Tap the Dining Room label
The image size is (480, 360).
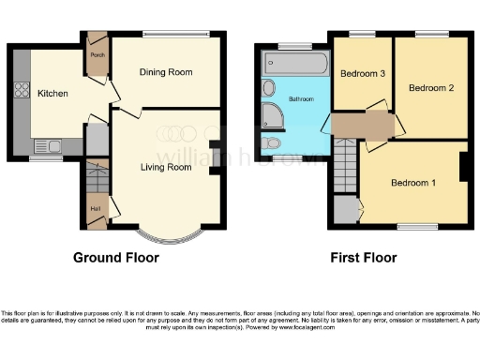coord(166,72)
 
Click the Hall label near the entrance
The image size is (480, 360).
coord(95,209)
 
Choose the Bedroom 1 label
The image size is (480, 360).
coord(413,182)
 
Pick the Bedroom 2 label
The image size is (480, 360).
coord(431,88)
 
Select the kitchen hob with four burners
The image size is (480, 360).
coord(21,92)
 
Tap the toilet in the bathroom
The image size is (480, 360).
coord(271,143)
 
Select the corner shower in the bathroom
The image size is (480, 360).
coord(274,115)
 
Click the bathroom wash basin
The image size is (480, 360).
coord(269,88)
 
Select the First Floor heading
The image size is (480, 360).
coord(363,258)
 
